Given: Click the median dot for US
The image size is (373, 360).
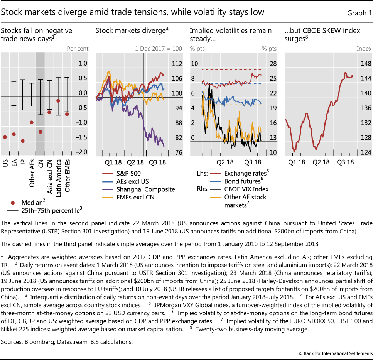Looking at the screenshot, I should point(5,137).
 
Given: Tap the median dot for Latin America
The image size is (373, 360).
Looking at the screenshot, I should point(58,101).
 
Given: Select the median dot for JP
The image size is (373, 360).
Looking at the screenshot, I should point(23,141).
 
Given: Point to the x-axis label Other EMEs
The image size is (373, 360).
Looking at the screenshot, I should point(68,171).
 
